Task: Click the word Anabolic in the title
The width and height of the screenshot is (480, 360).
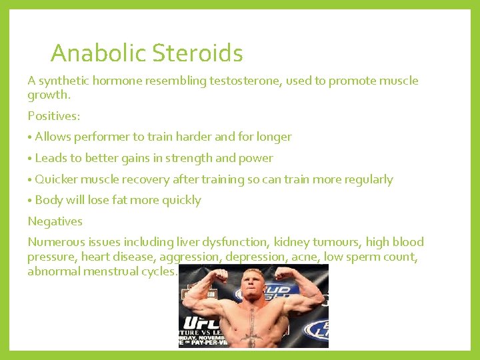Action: [99, 53]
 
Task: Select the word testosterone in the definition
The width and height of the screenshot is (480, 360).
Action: [247, 81]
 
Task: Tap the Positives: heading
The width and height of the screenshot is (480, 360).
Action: [54, 116]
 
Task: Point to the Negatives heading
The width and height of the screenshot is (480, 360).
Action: [55, 221]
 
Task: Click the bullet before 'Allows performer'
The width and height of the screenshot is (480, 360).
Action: [30, 137]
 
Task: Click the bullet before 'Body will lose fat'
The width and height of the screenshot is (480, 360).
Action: [30, 201]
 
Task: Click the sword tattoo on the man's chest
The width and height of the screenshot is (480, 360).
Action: [251, 327]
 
